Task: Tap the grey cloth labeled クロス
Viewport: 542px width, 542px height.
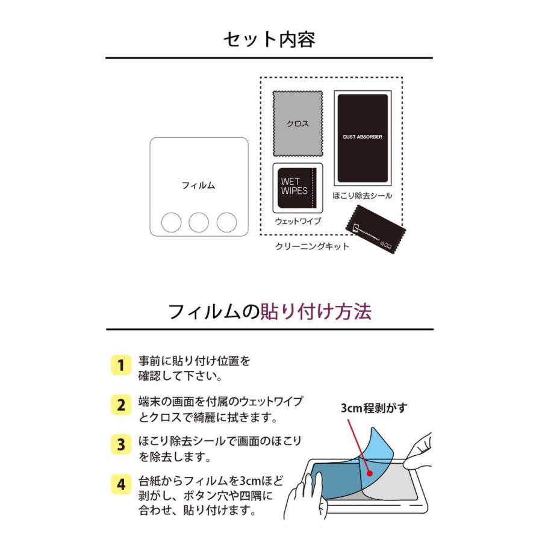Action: [x=297, y=124]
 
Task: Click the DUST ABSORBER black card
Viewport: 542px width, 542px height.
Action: [x=363, y=137]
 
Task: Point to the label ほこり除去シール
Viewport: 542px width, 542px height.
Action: [x=363, y=196]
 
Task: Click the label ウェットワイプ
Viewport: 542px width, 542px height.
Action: [x=297, y=221]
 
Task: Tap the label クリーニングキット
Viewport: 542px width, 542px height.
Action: [x=311, y=246]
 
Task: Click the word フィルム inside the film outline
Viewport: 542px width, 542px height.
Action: [x=198, y=185]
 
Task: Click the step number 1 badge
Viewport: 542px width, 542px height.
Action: [x=120, y=365]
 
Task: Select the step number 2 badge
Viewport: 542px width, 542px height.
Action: [x=120, y=405]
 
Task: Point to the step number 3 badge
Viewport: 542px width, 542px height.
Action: [x=120, y=444]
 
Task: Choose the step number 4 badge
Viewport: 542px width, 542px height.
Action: [x=120, y=484]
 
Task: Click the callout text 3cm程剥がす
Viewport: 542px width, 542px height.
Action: [x=373, y=408]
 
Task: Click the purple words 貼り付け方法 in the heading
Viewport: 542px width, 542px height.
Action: [x=316, y=311]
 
